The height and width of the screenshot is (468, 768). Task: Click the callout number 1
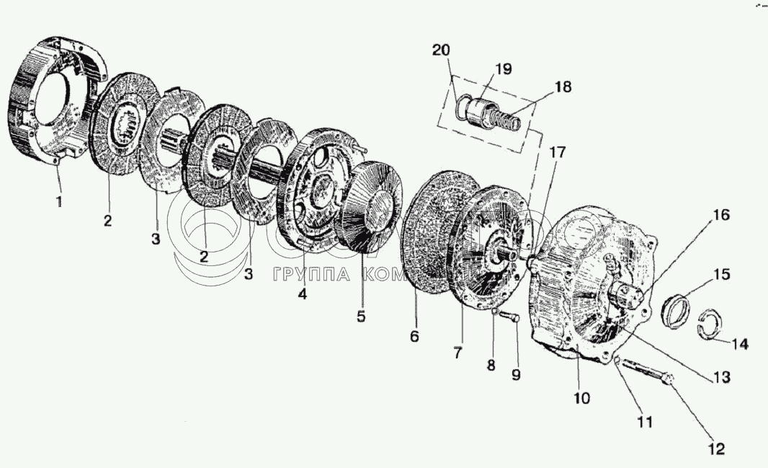click(x=58, y=203)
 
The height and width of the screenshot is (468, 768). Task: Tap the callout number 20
click(x=441, y=50)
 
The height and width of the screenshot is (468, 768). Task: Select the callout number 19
click(x=503, y=69)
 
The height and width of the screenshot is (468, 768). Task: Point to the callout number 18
click(x=563, y=87)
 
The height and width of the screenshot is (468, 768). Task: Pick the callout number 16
click(x=721, y=214)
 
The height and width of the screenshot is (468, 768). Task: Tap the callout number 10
click(x=581, y=397)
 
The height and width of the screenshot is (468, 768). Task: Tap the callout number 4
click(x=303, y=294)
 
